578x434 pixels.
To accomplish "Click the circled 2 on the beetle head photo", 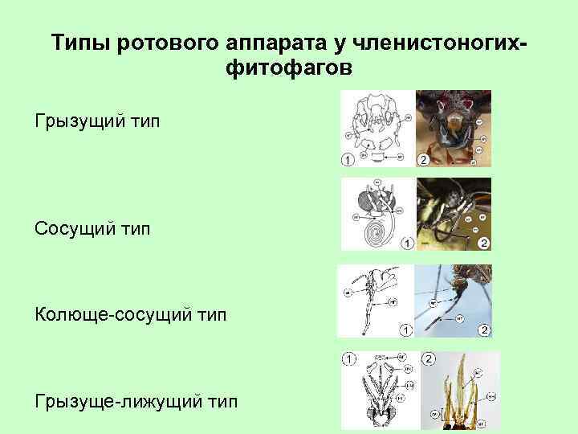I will click(423, 160).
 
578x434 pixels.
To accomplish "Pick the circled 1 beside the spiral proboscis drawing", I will click(406, 243).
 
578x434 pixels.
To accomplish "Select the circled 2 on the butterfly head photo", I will click(482, 243).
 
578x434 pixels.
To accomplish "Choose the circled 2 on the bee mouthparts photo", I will click(428, 358).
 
